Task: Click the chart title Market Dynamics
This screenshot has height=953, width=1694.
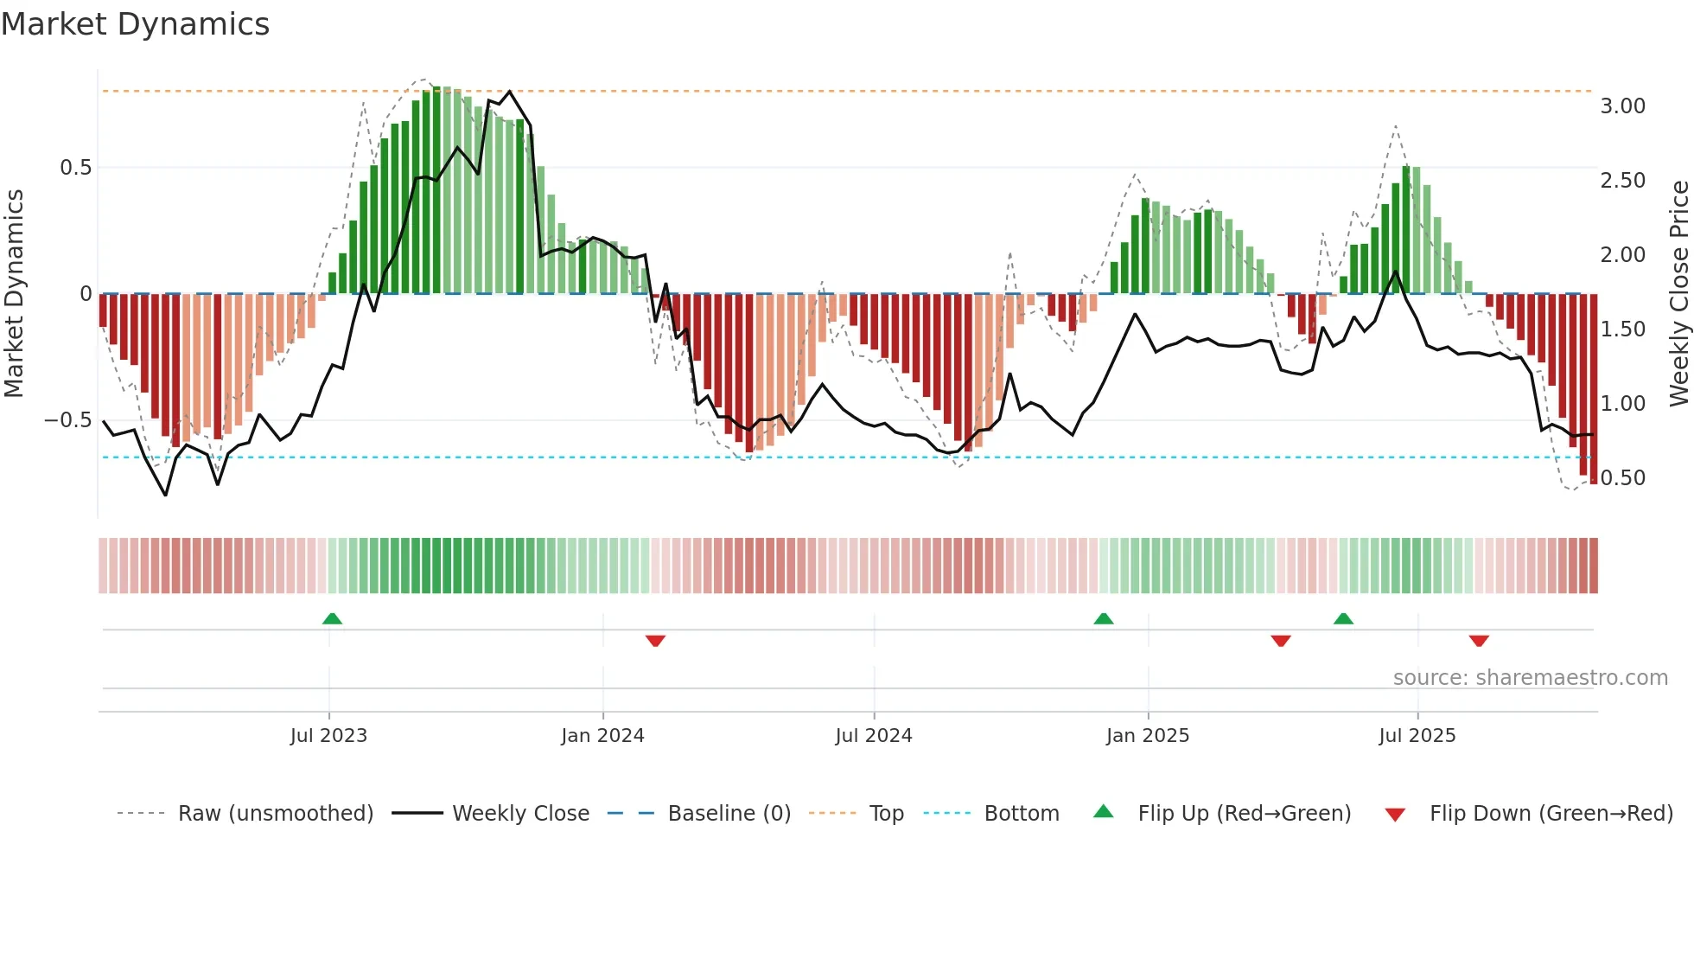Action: pyautogui.click(x=135, y=24)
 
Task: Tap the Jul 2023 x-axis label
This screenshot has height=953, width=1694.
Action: pyautogui.click(x=328, y=736)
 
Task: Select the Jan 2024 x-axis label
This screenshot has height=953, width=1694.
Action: pyautogui.click(x=602, y=736)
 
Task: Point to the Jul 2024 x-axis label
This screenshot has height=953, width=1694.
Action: pyautogui.click(x=874, y=736)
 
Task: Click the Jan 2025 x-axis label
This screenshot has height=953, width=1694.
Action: pyautogui.click(x=1148, y=736)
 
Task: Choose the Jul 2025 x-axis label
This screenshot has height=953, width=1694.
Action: pyautogui.click(x=1417, y=736)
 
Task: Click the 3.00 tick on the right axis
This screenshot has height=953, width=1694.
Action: pyautogui.click(x=1622, y=106)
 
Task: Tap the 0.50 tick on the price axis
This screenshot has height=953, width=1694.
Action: pyautogui.click(x=1622, y=478)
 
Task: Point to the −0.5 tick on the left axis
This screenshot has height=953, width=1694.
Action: pyautogui.click(x=68, y=420)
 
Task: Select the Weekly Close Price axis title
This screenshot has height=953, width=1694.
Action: pyautogui.click(x=1678, y=294)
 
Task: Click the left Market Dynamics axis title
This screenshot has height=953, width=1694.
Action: pyautogui.click(x=14, y=294)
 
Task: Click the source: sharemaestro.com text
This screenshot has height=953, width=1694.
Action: pyautogui.click(x=1530, y=678)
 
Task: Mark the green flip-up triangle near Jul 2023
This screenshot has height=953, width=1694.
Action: pyautogui.click(x=332, y=618)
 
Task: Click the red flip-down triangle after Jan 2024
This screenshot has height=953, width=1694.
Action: pyautogui.click(x=655, y=641)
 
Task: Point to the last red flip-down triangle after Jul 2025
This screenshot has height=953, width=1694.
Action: pyautogui.click(x=1479, y=641)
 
